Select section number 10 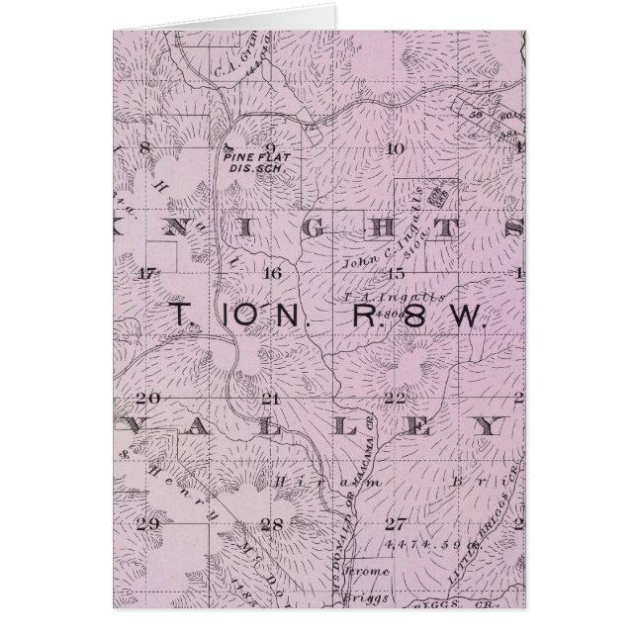coord(395,148)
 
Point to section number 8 coord(145,148)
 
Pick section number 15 coord(397,273)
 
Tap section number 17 coord(148,273)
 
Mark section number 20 coord(148,399)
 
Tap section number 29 coord(149,523)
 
